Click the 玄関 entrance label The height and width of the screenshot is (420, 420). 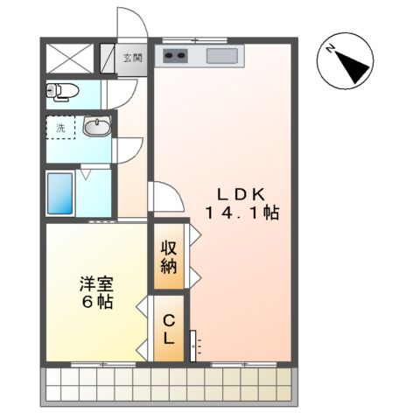132,58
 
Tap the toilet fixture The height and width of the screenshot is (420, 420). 63,91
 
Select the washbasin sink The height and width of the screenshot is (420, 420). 97,126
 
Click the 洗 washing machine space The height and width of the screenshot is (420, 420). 60,128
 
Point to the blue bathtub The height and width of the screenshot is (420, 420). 60,193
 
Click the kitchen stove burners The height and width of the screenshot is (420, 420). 175,55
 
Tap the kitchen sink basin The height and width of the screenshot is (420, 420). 222,56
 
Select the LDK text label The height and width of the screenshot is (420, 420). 241,194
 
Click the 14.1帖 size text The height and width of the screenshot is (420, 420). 242,213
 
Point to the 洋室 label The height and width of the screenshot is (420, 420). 96,283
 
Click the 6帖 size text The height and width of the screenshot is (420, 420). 97,302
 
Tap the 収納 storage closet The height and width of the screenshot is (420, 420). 169,256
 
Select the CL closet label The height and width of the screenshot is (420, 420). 169,329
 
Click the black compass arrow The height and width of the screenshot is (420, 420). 351,67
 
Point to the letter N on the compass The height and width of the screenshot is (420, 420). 331,48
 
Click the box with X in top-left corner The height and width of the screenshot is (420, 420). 70,59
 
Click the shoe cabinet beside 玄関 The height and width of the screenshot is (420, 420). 108,59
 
